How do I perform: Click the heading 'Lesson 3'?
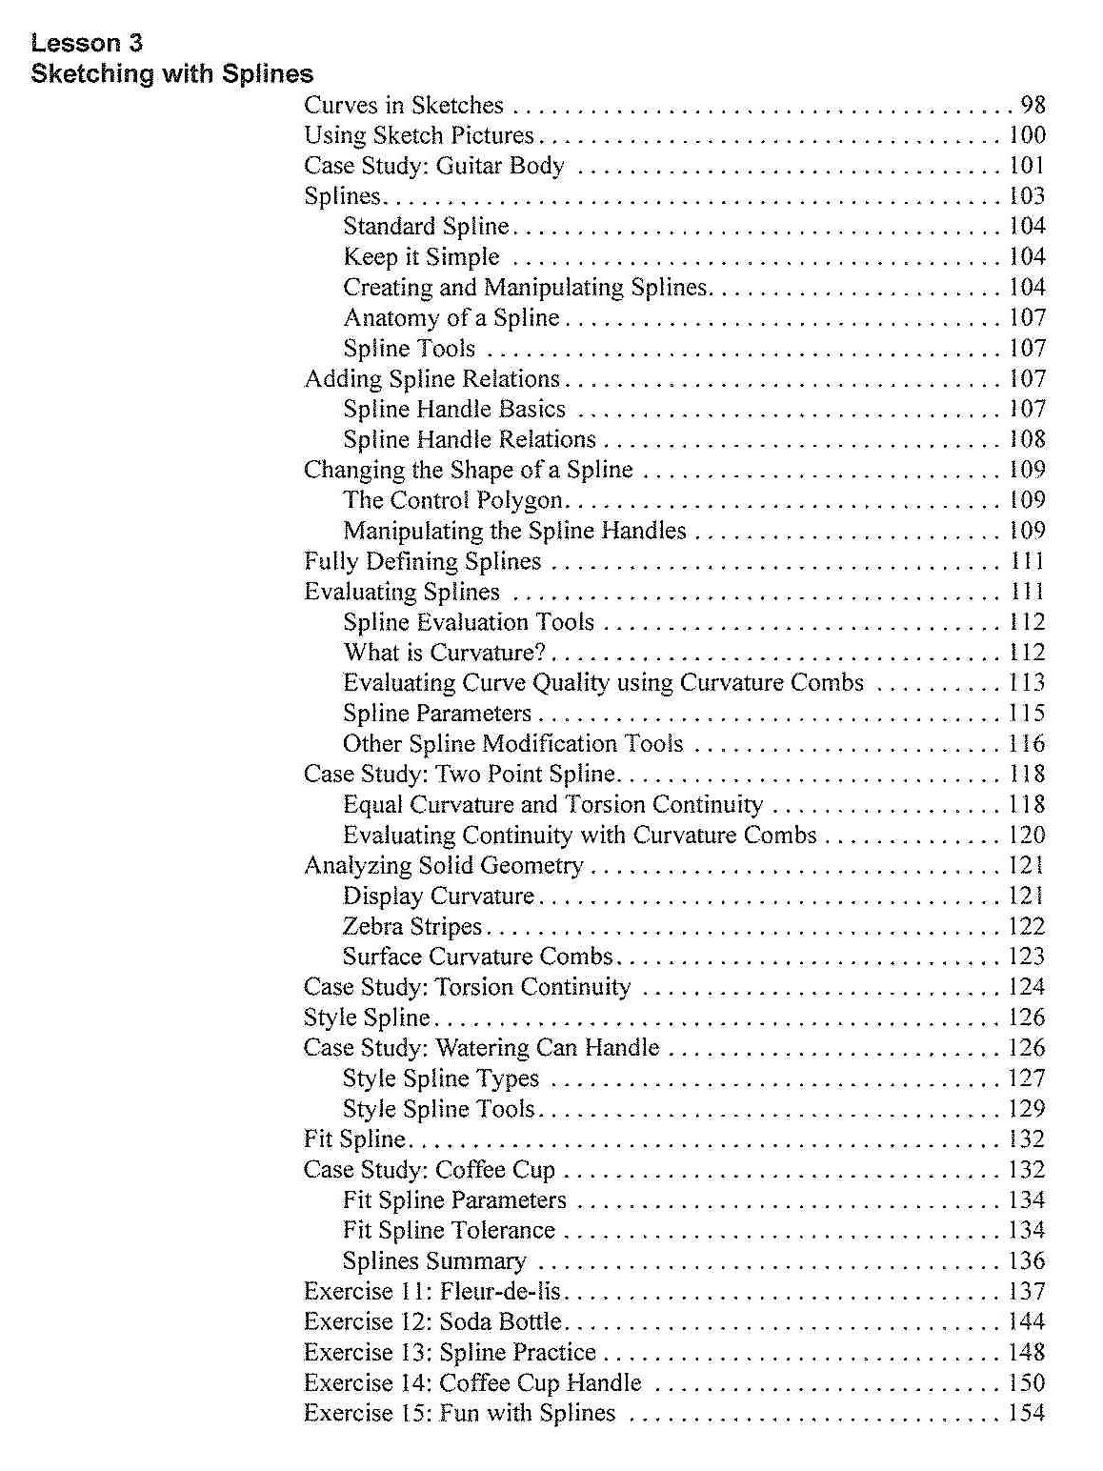[x=87, y=43]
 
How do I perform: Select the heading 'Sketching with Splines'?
[x=171, y=73]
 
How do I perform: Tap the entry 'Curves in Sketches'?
[x=404, y=105]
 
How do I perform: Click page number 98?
[x=1033, y=105]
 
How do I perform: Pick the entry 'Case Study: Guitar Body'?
[x=434, y=166]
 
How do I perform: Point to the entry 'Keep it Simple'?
[x=421, y=257]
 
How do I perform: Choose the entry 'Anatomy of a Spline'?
[x=451, y=318]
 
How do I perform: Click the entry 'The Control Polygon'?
[x=453, y=500]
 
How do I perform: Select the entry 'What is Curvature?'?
[x=445, y=653]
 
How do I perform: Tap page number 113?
[x=1027, y=683]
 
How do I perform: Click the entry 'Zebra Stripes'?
[x=412, y=926]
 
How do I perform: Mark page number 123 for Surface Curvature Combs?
[x=1027, y=957]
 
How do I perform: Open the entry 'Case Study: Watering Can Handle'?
[x=481, y=1048]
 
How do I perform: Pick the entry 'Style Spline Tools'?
[x=438, y=1109]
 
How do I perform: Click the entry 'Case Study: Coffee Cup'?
[x=430, y=1170]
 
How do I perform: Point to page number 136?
[x=1027, y=1261]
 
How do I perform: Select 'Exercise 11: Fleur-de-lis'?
[x=432, y=1292]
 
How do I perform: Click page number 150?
[x=1027, y=1383]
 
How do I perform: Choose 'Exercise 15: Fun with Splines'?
[x=460, y=1414]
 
